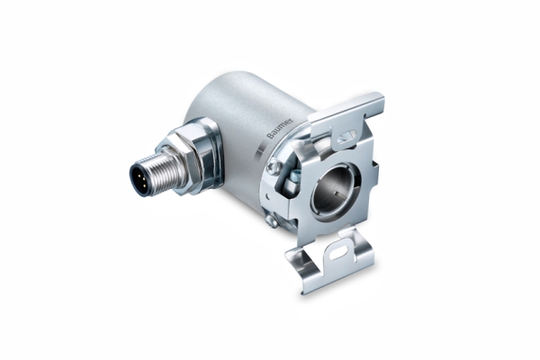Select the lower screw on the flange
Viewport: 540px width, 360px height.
(270, 220)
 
